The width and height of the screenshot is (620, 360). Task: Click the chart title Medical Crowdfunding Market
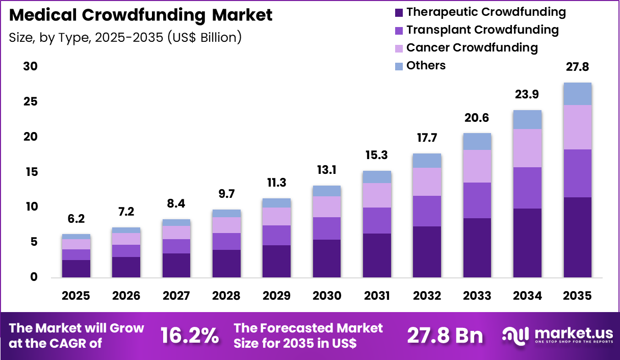(x=141, y=15)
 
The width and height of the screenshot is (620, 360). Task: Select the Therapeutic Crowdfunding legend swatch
(x=399, y=12)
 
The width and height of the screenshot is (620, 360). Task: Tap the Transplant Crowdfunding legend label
(x=482, y=30)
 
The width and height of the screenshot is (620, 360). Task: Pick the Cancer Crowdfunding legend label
(x=472, y=47)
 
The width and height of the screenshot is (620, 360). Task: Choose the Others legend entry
(x=426, y=65)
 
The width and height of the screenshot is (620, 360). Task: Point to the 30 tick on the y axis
(x=30, y=67)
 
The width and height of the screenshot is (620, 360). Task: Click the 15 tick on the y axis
(x=30, y=172)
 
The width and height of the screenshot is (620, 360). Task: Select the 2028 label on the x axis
(x=227, y=296)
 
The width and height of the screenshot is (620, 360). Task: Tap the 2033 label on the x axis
(x=477, y=296)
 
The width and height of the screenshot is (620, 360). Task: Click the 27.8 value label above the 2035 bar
(x=577, y=67)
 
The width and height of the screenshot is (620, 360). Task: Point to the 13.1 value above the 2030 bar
(x=327, y=170)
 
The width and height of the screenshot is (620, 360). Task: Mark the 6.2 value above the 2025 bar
(x=76, y=219)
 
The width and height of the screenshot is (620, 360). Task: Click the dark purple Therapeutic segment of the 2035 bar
(x=577, y=237)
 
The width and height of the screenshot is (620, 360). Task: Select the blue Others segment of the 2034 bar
(x=527, y=119)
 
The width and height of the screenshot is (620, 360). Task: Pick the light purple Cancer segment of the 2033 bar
(x=477, y=166)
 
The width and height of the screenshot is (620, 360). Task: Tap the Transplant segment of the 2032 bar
(x=427, y=211)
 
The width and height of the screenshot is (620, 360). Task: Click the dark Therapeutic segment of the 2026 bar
(x=126, y=267)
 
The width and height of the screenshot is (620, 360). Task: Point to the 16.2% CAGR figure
(x=190, y=336)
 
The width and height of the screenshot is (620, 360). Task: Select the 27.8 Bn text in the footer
(x=445, y=336)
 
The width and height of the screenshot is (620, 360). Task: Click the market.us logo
(x=557, y=336)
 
